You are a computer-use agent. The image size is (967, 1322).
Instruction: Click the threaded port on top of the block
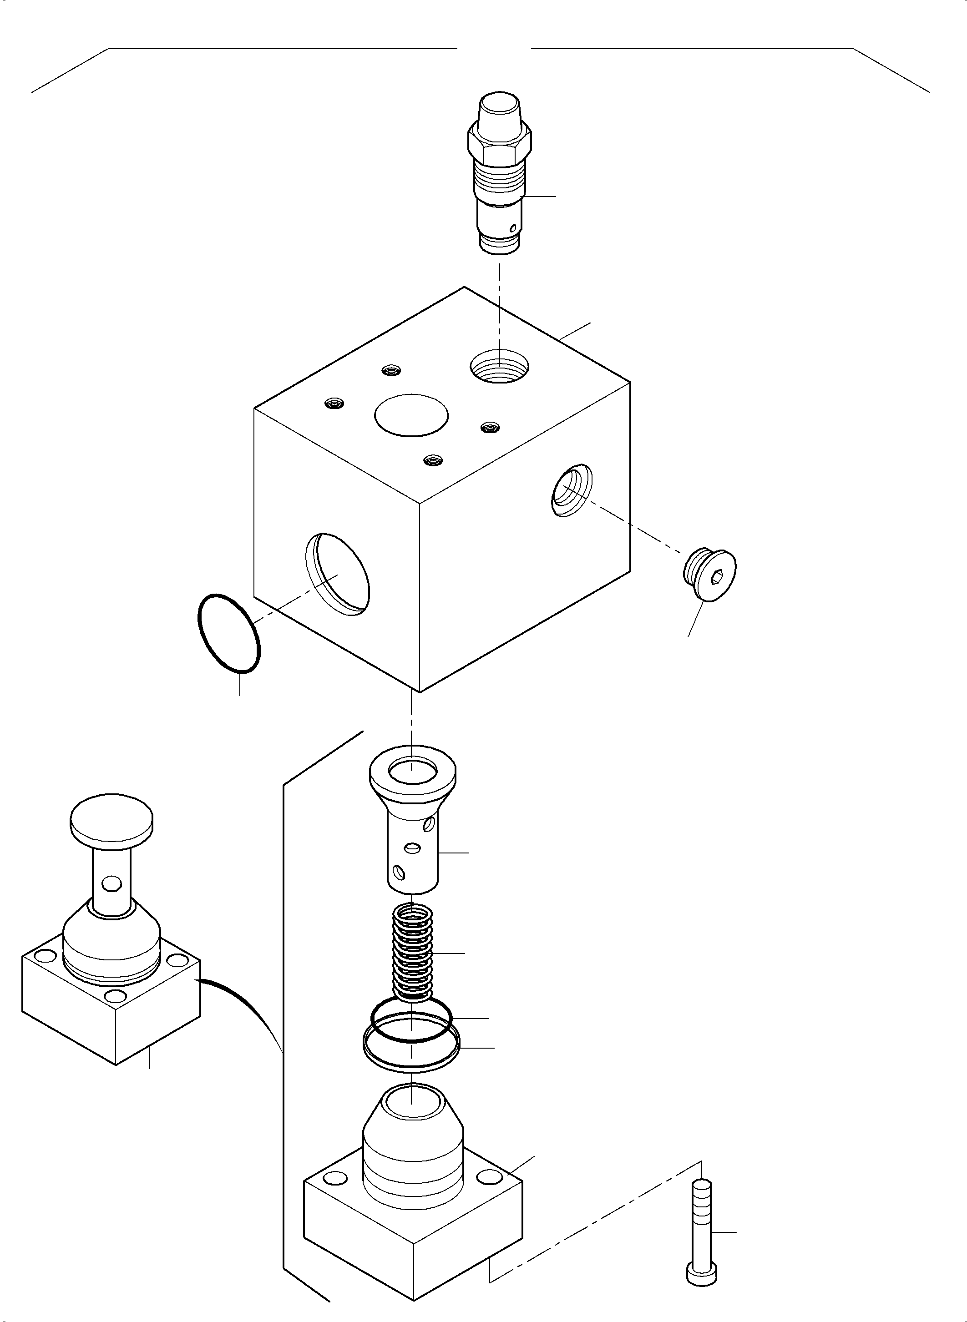(x=499, y=367)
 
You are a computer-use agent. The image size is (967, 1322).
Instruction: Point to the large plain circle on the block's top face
(x=411, y=414)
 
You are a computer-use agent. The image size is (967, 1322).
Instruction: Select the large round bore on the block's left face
(x=338, y=574)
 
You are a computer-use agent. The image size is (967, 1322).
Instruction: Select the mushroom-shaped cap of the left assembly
(x=111, y=820)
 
